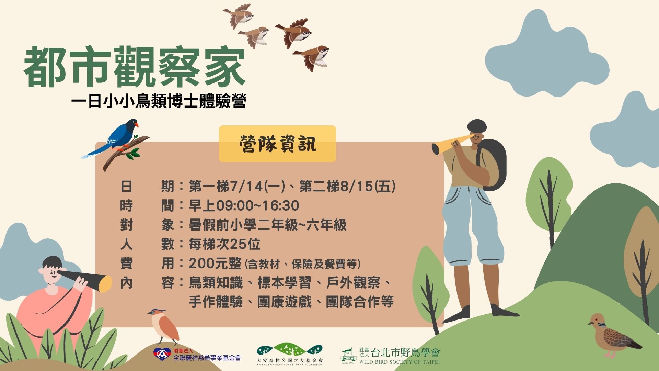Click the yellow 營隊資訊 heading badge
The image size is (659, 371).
click(x=277, y=144)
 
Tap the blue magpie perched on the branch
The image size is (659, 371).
click(x=113, y=137)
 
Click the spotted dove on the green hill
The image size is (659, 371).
click(x=613, y=335)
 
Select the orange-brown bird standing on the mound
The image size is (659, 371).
click(x=164, y=326)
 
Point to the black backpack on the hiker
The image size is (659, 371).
click(x=493, y=165)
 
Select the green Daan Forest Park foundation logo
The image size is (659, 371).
click(x=290, y=350)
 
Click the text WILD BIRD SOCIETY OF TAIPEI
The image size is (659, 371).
click(x=400, y=361)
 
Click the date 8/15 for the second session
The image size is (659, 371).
click(x=357, y=187)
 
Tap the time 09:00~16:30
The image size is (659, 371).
click(x=257, y=206)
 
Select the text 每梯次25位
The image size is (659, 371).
click(x=224, y=244)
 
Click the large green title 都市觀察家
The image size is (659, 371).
click(x=135, y=67)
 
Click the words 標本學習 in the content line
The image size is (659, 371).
click(x=284, y=283)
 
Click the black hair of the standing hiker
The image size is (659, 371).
click(x=477, y=126)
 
